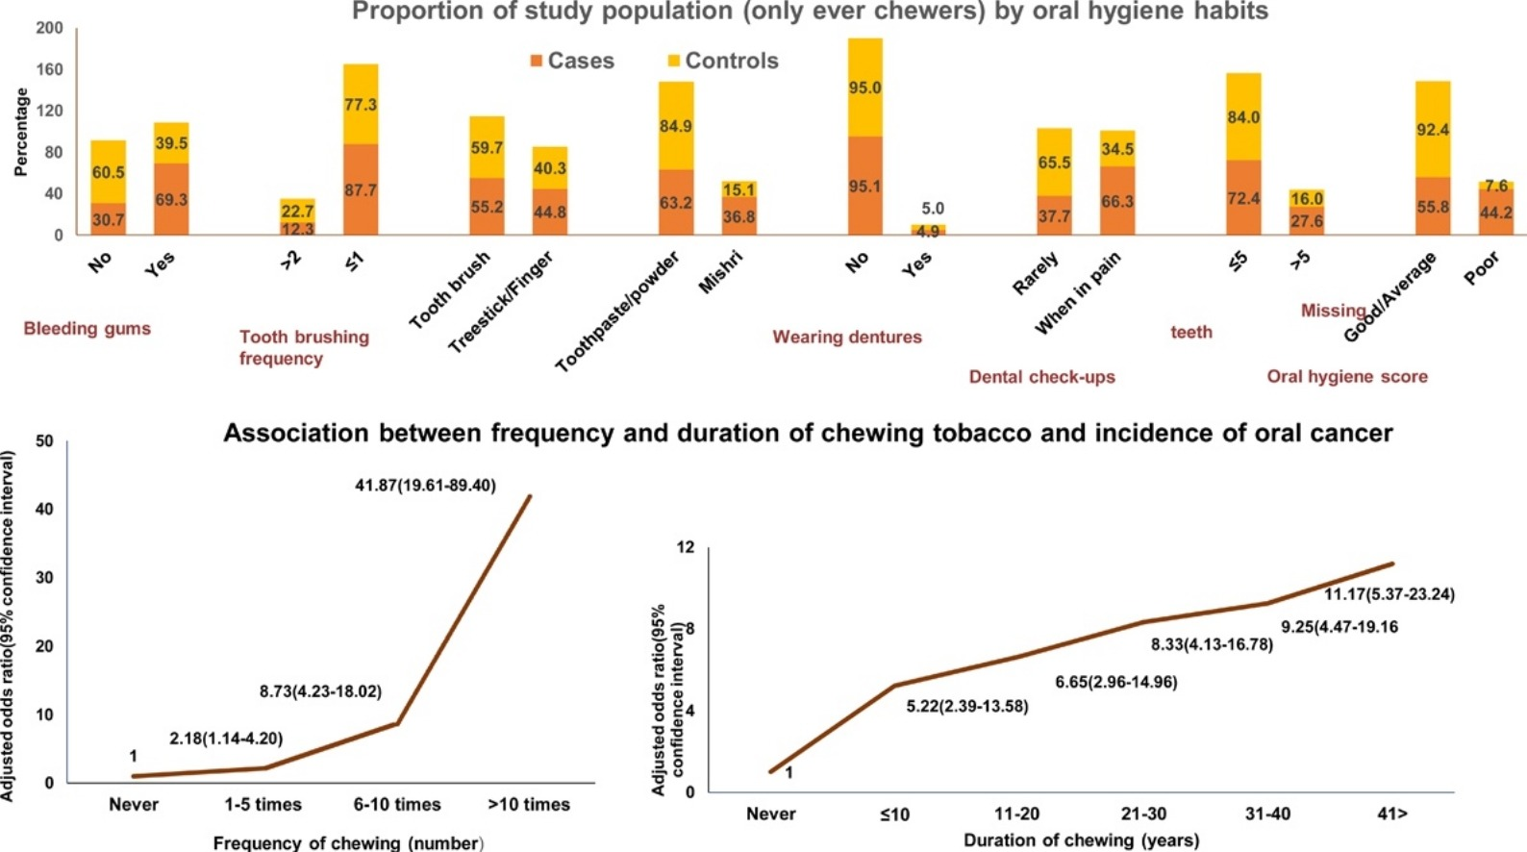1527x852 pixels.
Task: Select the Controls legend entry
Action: (723, 61)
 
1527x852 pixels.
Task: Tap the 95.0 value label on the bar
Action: (864, 88)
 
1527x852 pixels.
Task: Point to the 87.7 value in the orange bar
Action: (361, 190)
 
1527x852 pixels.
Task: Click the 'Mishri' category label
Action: (720, 272)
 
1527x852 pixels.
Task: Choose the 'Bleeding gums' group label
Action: (88, 329)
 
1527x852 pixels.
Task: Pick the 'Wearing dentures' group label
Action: (847, 337)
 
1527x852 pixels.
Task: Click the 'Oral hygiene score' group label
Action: (1346, 377)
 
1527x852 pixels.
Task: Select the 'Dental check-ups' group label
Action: (1041, 377)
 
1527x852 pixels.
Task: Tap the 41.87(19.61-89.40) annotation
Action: (425, 486)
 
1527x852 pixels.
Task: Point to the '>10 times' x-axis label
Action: (529, 805)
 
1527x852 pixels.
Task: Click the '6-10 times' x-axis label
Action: (397, 805)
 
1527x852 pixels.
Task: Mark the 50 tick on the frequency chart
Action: (44, 441)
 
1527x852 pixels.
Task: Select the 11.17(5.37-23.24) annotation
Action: (1389, 594)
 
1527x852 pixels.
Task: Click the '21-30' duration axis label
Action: (1143, 814)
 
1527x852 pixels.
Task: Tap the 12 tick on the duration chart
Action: (685, 547)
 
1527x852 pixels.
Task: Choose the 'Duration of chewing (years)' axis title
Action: (1081, 840)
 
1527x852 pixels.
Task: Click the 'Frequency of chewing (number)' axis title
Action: (348, 843)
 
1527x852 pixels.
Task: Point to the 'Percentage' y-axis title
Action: (20, 132)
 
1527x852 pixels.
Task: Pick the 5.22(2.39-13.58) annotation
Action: (966, 707)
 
